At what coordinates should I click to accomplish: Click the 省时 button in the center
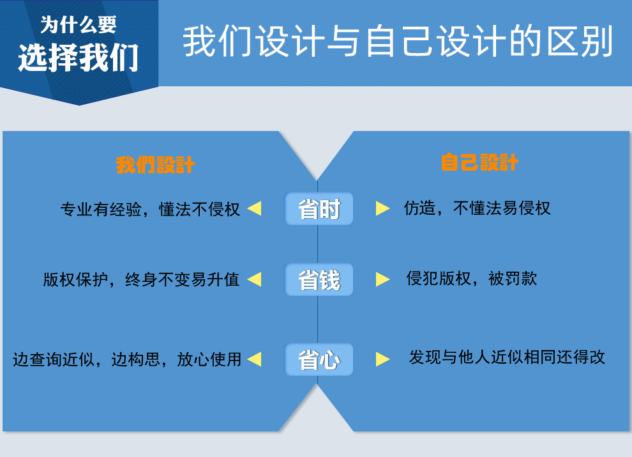pos(319,209)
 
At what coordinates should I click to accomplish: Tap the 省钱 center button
pos(319,279)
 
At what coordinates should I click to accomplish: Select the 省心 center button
pos(319,359)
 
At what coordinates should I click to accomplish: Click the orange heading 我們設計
pos(155,165)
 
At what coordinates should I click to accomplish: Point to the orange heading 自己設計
pos(479,162)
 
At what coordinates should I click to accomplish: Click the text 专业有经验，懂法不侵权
pos(150,209)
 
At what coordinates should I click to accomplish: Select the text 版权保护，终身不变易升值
pos(141,279)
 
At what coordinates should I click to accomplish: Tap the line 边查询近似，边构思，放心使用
pos(127,359)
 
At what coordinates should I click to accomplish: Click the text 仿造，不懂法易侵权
pos(478,208)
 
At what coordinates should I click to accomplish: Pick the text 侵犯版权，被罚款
pos(472,278)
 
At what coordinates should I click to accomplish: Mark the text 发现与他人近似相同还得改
pos(507,357)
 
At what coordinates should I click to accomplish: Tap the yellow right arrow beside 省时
pos(382,208)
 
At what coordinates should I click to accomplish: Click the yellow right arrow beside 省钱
pos(382,279)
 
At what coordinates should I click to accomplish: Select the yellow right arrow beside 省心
pos(382,359)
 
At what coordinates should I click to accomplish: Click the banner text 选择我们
pos(79,58)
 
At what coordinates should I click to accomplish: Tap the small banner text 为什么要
pos(79,25)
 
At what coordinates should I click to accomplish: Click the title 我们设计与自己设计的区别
pos(398,41)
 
